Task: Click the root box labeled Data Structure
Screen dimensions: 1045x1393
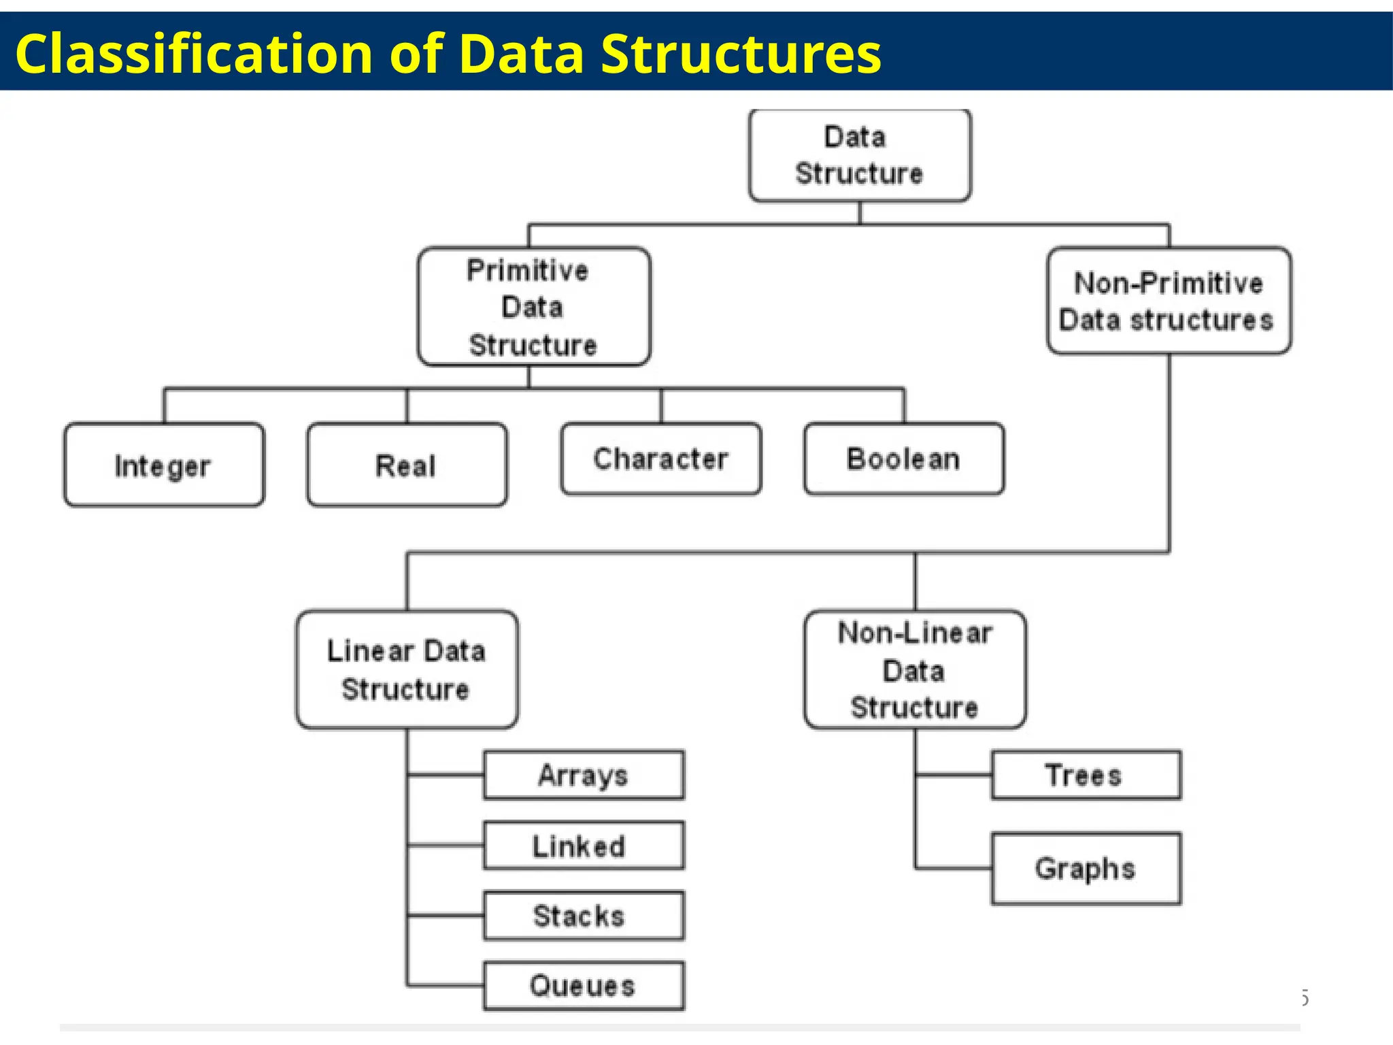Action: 860,156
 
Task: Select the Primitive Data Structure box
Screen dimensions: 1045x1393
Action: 534,308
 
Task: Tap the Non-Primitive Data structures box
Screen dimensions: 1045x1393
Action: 1169,301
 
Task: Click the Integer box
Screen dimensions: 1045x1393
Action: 164,465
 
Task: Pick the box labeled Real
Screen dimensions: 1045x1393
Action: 407,465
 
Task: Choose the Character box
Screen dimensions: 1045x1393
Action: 660,459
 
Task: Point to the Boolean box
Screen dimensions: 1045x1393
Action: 903,459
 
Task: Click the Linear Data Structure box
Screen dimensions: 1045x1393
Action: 407,670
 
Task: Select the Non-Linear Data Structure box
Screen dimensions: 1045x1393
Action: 915,670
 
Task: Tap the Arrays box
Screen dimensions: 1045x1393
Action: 584,775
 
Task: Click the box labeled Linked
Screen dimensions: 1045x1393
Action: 584,846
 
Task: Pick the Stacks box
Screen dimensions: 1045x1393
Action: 584,916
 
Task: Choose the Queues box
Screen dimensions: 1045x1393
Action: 584,986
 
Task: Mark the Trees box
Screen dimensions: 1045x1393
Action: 1086,775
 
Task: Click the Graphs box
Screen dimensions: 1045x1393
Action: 1086,869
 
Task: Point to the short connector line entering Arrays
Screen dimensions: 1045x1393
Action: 446,775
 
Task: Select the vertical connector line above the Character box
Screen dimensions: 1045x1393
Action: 660,406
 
